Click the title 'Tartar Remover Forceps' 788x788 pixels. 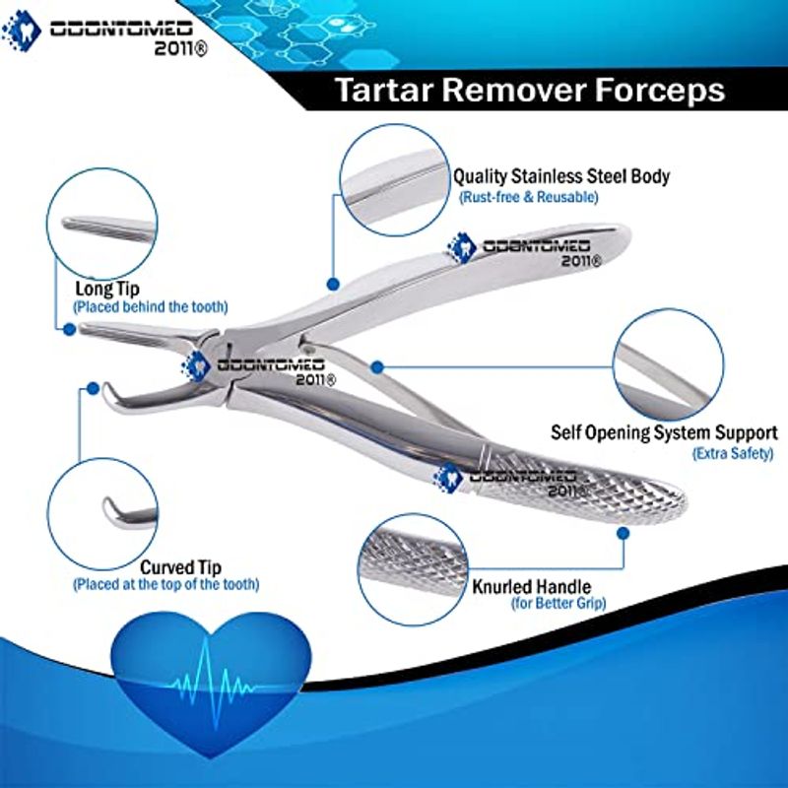530,91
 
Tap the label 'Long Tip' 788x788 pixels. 107,289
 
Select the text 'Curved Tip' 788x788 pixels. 180,567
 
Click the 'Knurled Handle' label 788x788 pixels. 531,586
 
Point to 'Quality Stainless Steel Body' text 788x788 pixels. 561,176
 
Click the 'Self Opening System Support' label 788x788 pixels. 664,432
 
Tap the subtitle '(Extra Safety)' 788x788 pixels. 733,453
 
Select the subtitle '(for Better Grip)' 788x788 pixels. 558,603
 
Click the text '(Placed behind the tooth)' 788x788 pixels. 151,306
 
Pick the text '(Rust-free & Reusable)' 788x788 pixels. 528,196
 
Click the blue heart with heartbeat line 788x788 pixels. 211,683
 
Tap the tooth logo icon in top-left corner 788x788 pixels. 21,32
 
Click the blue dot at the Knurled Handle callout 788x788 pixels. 623,533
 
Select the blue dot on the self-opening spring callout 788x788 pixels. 377,367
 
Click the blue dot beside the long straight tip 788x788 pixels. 70,329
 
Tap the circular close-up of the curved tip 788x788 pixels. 102,513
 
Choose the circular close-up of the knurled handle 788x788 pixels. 413,569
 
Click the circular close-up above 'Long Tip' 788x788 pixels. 102,224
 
